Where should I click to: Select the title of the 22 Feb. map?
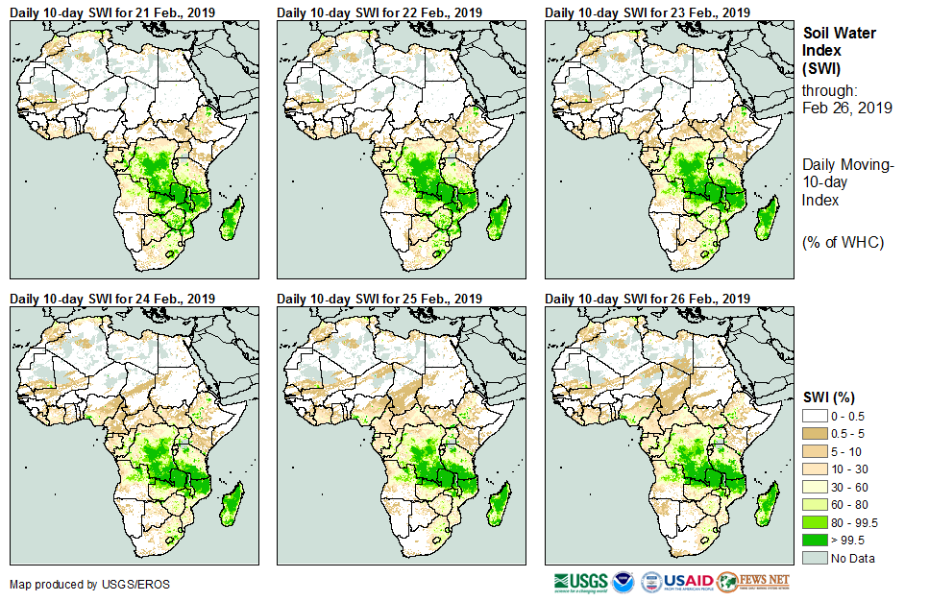(380, 12)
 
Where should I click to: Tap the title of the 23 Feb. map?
(648, 12)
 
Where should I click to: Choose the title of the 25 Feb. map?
(380, 299)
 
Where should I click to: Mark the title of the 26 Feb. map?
(648, 299)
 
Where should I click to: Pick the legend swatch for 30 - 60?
(814, 486)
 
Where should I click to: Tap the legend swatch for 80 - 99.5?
(814, 522)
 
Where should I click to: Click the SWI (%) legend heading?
(829, 397)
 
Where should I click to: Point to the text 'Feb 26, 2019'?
(847, 108)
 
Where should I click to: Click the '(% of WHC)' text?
(843, 242)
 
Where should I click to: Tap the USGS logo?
(580, 582)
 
